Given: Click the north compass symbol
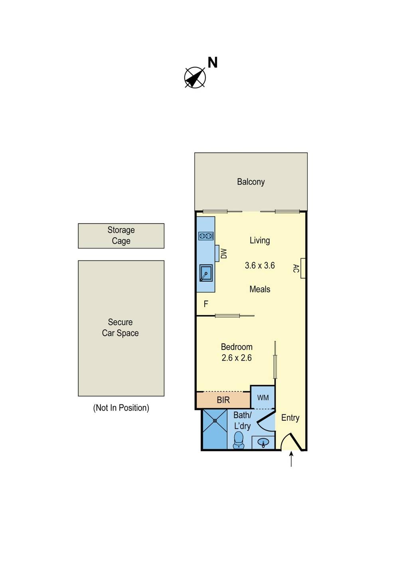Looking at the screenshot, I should pyautogui.click(x=195, y=77).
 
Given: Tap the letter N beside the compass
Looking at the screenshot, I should pyautogui.click(x=213, y=63).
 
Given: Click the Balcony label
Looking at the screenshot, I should pyautogui.click(x=251, y=182).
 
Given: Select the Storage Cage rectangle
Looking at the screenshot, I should pyautogui.click(x=121, y=236).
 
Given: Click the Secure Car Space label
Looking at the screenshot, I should pyautogui.click(x=120, y=327).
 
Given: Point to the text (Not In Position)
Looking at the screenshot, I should pyautogui.click(x=121, y=408).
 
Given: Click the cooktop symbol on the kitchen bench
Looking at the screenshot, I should pyautogui.click(x=206, y=236).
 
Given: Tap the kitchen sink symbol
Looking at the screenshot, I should pyautogui.click(x=206, y=273).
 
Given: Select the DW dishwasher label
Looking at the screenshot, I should pyautogui.click(x=223, y=254).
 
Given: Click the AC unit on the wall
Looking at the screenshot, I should pyautogui.click(x=303, y=268).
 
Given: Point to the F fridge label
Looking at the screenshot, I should pyautogui.click(x=206, y=304).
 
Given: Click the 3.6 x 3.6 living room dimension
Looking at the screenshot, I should pyautogui.click(x=260, y=266).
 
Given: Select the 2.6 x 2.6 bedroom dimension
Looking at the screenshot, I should pyautogui.click(x=237, y=358).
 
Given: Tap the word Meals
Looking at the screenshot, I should pyautogui.click(x=260, y=289).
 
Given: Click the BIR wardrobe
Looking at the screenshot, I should pyautogui.click(x=223, y=400).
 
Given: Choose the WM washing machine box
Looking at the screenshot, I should pyautogui.click(x=263, y=398).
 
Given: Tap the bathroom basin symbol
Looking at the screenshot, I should pyautogui.click(x=263, y=442).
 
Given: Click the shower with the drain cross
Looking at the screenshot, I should pyautogui.click(x=215, y=429).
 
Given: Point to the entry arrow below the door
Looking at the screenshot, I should pyautogui.click(x=291, y=459).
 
